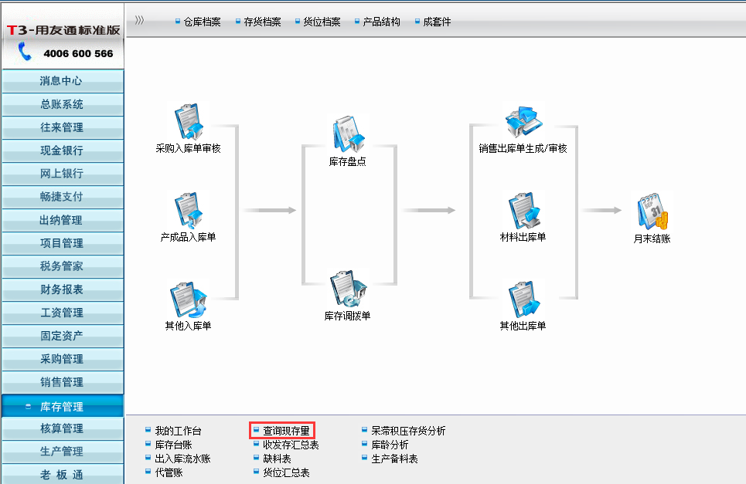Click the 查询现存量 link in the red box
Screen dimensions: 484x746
[286, 431]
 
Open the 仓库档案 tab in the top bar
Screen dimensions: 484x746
[202, 22]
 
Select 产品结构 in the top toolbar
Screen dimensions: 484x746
[381, 22]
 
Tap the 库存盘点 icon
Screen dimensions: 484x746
[347, 134]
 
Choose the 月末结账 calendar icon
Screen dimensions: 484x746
[652, 212]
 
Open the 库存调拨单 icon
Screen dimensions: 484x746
[347, 288]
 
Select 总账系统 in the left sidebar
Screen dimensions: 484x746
[62, 104]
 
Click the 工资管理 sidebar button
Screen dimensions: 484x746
[62, 313]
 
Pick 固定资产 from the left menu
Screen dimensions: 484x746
[62, 336]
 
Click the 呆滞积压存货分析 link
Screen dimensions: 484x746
[408, 431]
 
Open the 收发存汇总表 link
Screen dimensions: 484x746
[291, 445]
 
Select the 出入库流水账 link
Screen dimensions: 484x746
[182, 459]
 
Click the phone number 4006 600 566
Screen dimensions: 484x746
[78, 54]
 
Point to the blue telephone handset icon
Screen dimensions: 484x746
[26, 52]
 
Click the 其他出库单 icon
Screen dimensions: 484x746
[523, 300]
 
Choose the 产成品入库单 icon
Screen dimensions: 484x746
[188, 211]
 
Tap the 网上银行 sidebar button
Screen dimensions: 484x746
[62, 174]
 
